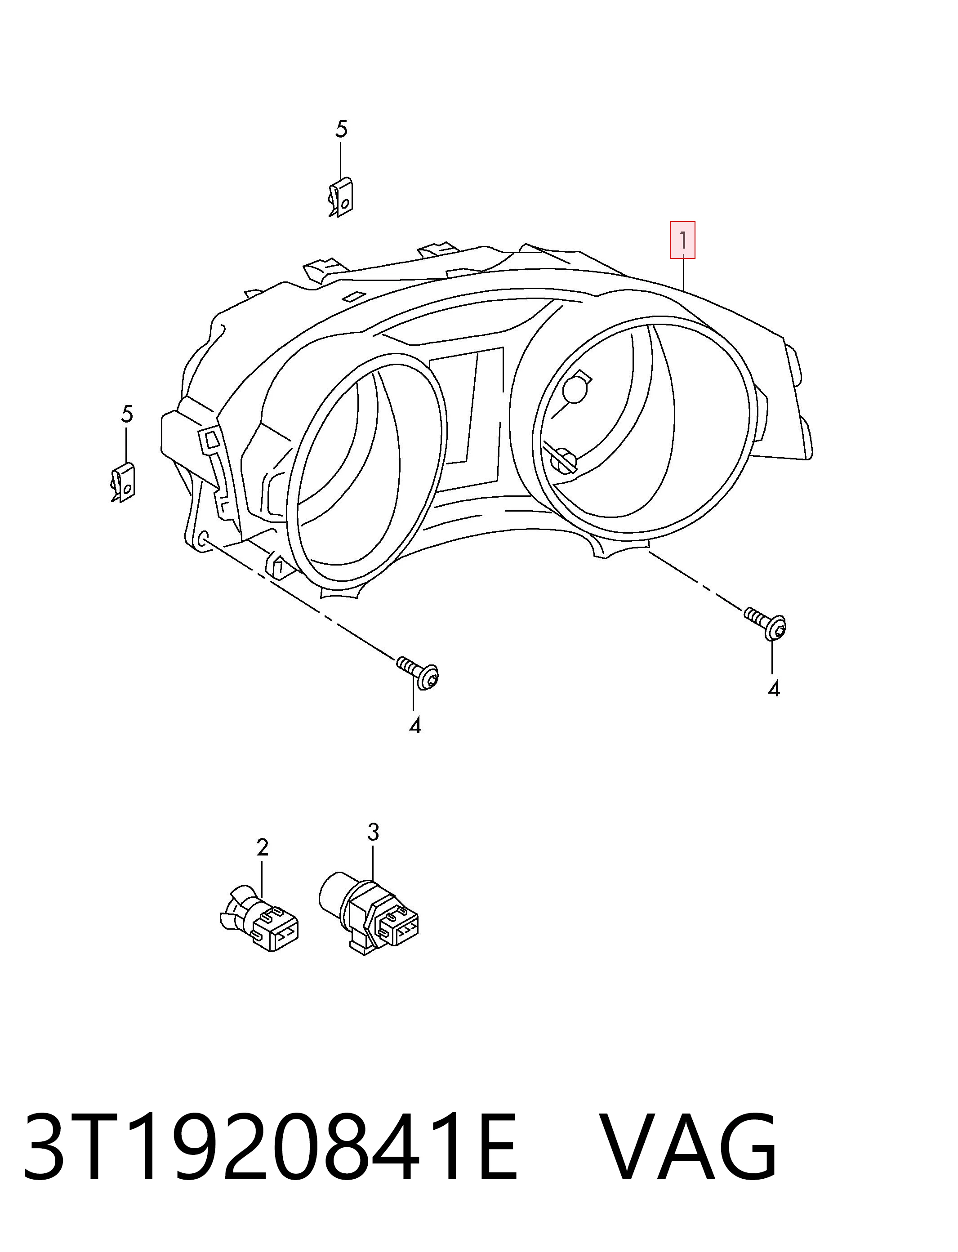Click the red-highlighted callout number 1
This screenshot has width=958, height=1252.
point(682,240)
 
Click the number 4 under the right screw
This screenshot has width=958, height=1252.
point(773,689)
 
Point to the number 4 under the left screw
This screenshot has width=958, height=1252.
point(415,725)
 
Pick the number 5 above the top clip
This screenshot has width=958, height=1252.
point(341,129)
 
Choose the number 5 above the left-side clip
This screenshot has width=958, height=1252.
point(127,414)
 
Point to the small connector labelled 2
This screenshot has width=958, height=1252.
point(259,918)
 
